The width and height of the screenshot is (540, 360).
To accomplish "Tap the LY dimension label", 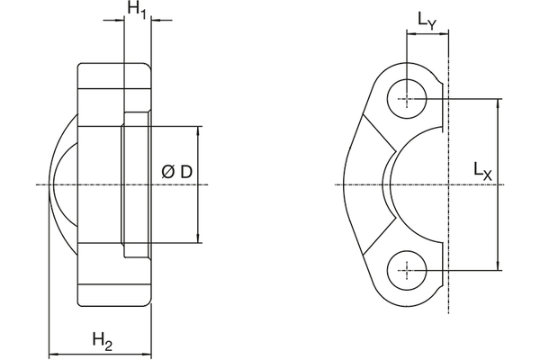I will click(x=427, y=20).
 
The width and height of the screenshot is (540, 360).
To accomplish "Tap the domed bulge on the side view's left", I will click(x=61, y=184).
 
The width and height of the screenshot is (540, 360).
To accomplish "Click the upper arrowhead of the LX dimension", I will click(x=498, y=102).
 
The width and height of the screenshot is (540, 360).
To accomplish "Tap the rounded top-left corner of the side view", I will click(x=82, y=67).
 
